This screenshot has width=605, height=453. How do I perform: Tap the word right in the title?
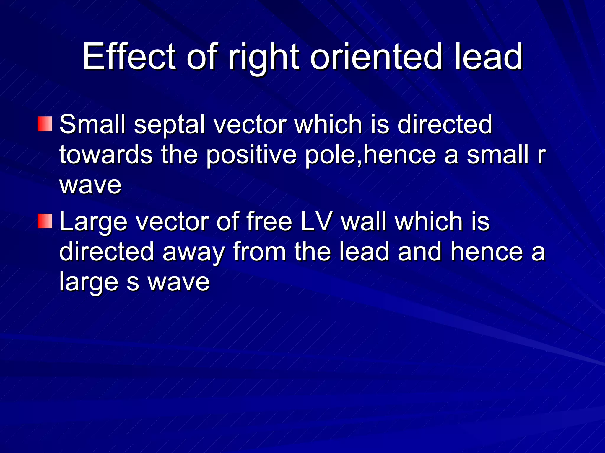tap(264, 58)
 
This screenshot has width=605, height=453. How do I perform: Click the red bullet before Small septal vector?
tap(45, 124)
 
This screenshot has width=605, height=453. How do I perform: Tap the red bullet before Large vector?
tap(45, 221)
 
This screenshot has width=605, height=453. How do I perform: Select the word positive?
tap(251, 155)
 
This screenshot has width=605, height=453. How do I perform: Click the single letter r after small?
tap(541, 155)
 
